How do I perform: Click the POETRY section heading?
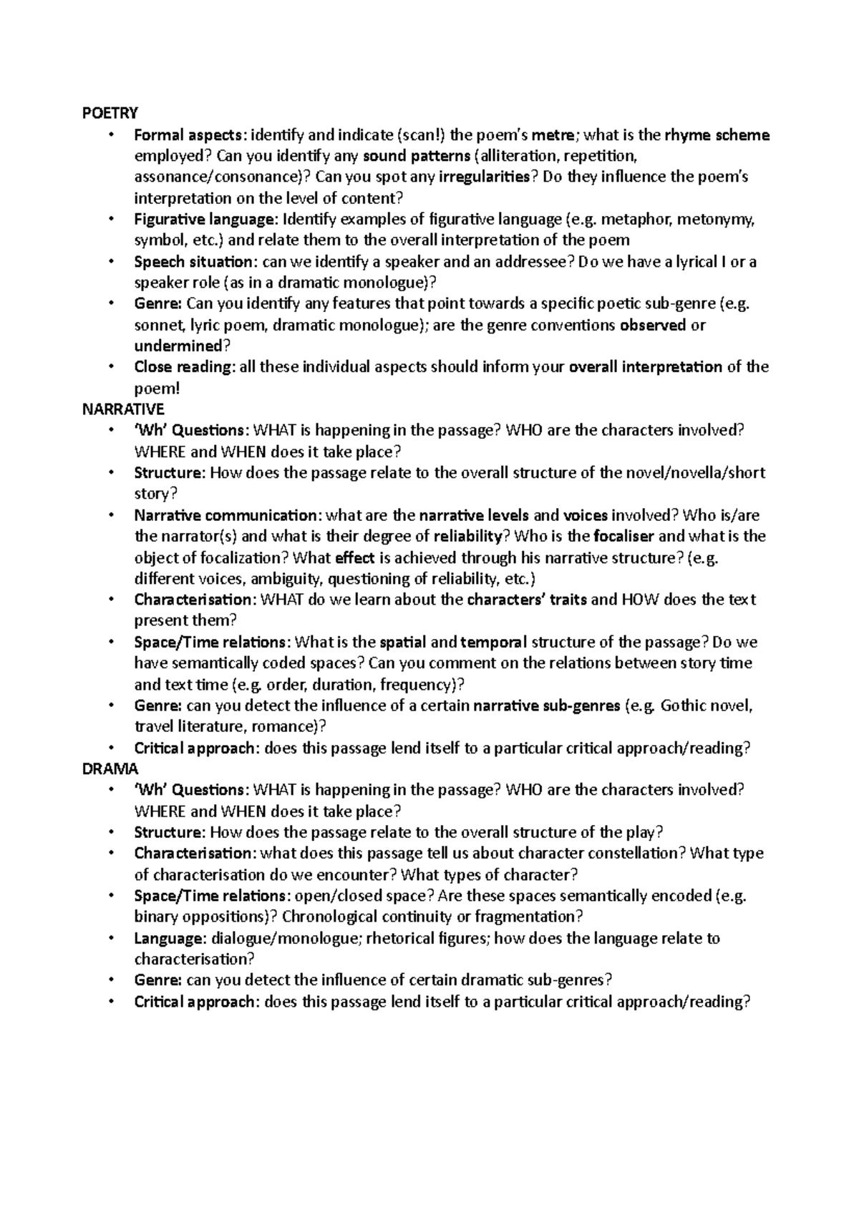tap(110, 113)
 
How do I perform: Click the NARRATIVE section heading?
tap(123, 409)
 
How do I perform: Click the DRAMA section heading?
tap(110, 769)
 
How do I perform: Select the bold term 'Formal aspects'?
tap(189, 135)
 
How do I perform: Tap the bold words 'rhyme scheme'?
tap(717, 135)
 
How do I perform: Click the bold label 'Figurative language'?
tap(205, 220)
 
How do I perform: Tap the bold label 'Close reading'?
tap(183, 367)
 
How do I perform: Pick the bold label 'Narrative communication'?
tap(225, 515)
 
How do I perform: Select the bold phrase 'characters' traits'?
tap(526, 600)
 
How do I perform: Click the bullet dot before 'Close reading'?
tap(110, 367)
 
